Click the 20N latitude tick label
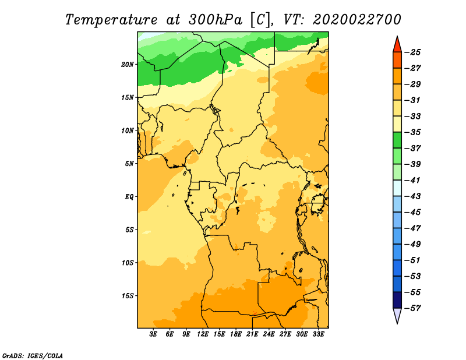pyautogui.click(x=128, y=64)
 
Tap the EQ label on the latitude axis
pyautogui.click(x=129, y=197)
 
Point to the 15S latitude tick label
pyautogui.click(x=128, y=296)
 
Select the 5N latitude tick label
pyautogui.click(x=129, y=164)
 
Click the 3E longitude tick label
pyautogui.click(x=153, y=334)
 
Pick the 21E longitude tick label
pyautogui.click(x=252, y=334)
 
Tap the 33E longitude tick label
pyautogui.click(x=318, y=334)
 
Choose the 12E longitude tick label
pyautogui.click(x=203, y=334)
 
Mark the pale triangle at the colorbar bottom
pyautogui.click(x=397, y=315)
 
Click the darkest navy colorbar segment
pyautogui.click(x=397, y=300)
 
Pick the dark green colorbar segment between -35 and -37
pyautogui.click(x=397, y=140)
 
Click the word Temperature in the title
pyautogui.click(x=111, y=20)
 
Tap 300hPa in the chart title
pyautogui.click(x=216, y=20)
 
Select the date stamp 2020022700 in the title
pyautogui.click(x=357, y=20)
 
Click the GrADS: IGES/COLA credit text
pyautogui.click(x=33, y=356)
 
